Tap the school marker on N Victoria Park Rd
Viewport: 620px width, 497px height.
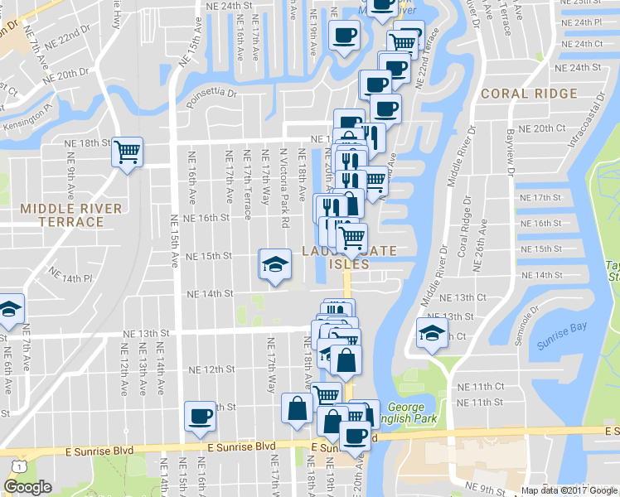pyautogui.click(x=274, y=264)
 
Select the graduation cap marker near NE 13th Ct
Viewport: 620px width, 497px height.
pyautogui.click(x=431, y=334)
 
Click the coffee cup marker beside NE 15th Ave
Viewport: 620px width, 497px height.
pyautogui.click(x=200, y=416)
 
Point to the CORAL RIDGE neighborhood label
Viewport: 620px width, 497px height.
pyautogui.click(x=529, y=94)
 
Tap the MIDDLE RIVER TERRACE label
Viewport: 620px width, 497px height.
pyautogui.click(x=71, y=215)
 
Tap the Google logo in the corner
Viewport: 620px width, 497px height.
pyautogui.click(x=27, y=486)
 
